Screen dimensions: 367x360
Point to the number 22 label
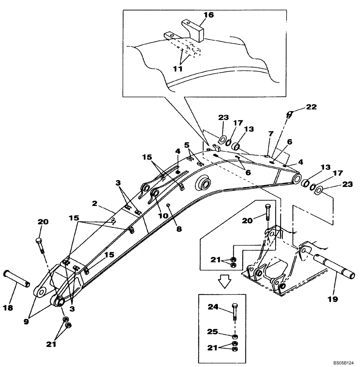312,108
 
